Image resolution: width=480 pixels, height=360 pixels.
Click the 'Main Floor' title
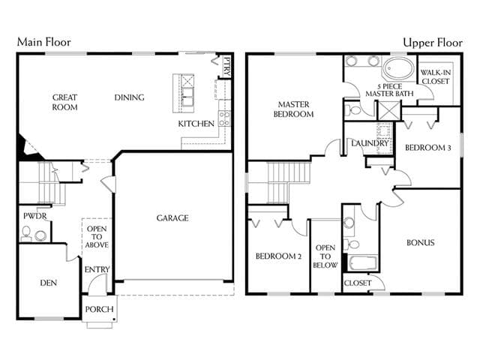(x=43, y=42)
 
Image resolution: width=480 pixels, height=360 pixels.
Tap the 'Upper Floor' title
(x=433, y=43)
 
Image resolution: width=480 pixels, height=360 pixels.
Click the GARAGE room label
(x=172, y=218)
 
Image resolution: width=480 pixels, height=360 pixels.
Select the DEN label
(x=48, y=283)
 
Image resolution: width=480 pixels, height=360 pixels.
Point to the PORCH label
(x=99, y=309)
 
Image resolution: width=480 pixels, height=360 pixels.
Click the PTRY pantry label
(x=227, y=67)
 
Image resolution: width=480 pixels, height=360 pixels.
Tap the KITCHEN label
(x=196, y=124)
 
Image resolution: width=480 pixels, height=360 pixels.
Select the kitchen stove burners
(x=224, y=118)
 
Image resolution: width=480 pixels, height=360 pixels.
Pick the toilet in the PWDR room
(x=26, y=233)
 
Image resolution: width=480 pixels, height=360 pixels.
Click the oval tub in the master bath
(x=397, y=68)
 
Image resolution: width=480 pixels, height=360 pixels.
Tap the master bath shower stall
(x=388, y=111)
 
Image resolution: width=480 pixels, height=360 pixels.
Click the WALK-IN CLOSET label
(x=435, y=76)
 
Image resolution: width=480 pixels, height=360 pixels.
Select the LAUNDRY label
(x=370, y=143)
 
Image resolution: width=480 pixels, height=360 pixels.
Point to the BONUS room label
(x=420, y=242)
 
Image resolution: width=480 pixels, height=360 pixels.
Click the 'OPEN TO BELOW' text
(x=325, y=256)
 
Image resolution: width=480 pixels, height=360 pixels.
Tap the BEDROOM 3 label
(x=427, y=148)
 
